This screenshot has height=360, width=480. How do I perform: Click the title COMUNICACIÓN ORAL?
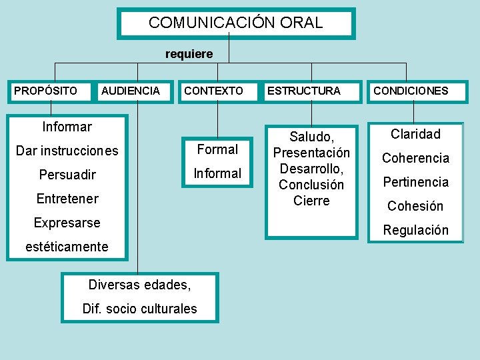click(235, 23)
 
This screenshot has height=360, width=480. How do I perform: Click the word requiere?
click(189, 54)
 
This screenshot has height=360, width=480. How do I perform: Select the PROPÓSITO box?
click(45, 91)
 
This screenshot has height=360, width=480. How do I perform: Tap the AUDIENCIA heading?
click(131, 91)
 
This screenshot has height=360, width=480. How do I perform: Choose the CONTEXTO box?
click(213, 91)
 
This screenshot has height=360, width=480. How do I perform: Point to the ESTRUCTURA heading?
click(303, 91)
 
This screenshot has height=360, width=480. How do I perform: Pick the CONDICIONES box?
click(411, 91)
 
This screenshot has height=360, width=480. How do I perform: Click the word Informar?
click(67, 127)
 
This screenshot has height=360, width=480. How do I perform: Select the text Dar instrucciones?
click(67, 151)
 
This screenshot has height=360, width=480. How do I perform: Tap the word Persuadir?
click(67, 175)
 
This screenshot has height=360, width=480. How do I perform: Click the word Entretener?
click(67, 199)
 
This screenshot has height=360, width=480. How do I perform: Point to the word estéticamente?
click(67, 247)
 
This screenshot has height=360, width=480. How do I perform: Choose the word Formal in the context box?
click(217, 149)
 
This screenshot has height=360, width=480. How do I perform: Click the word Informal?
click(217, 173)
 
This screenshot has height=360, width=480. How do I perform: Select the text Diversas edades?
click(139, 285)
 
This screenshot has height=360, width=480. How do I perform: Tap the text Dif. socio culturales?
click(139, 309)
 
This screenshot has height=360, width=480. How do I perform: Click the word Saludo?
click(311, 137)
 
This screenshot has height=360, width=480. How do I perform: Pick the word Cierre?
click(311, 201)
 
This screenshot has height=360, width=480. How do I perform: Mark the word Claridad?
click(415, 134)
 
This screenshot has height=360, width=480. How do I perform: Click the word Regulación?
click(415, 230)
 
